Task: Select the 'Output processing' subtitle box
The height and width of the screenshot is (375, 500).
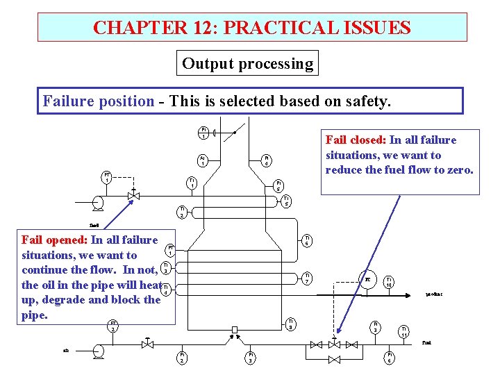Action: (248, 64)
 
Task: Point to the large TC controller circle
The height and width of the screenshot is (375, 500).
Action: (367, 280)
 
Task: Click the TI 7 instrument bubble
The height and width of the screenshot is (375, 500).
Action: (307, 278)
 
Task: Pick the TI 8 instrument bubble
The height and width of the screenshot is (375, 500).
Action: (292, 323)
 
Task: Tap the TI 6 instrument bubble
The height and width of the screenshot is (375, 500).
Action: (307, 240)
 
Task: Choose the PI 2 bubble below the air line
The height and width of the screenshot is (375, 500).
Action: (182, 357)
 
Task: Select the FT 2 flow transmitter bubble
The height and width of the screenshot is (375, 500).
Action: (112, 326)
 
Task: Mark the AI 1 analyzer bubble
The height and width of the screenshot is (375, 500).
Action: (201, 160)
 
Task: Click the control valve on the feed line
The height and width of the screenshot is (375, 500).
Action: (134, 196)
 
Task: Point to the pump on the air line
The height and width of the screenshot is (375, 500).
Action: (99, 353)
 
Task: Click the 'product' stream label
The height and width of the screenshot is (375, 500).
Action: (434, 294)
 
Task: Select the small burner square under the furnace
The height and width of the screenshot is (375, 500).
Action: (235, 329)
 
